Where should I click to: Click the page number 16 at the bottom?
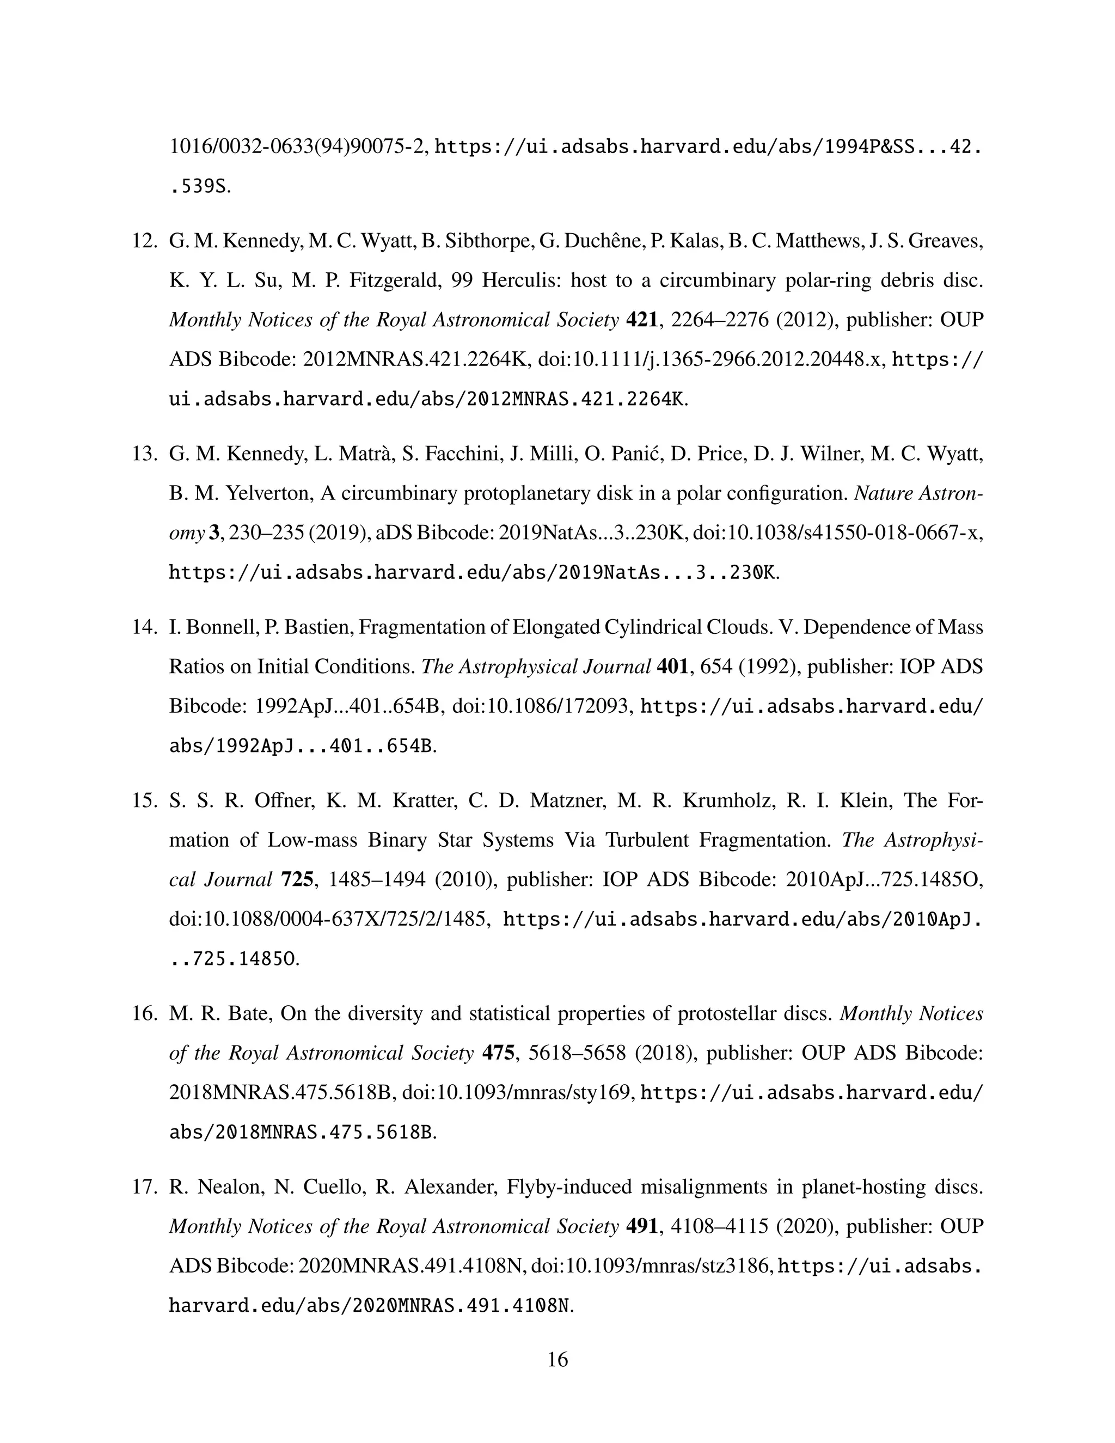pyautogui.click(x=557, y=1360)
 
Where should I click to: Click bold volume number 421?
pyautogui.click(x=644, y=320)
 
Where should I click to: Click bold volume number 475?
pyautogui.click(x=499, y=1053)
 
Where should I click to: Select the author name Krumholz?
pyautogui.click(x=727, y=801)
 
